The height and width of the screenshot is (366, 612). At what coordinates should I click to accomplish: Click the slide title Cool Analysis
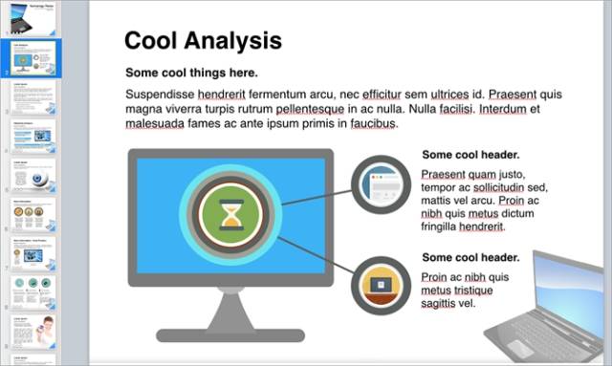203,40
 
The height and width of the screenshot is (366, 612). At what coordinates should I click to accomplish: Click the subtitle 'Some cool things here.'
191,73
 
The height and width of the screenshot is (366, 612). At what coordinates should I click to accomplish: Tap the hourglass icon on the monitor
230,216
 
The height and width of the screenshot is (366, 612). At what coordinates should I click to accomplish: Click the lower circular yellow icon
381,286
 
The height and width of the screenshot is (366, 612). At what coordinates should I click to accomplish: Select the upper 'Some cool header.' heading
470,155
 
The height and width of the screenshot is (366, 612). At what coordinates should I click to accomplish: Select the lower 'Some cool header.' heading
470,257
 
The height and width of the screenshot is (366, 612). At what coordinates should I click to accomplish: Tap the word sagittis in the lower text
439,304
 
